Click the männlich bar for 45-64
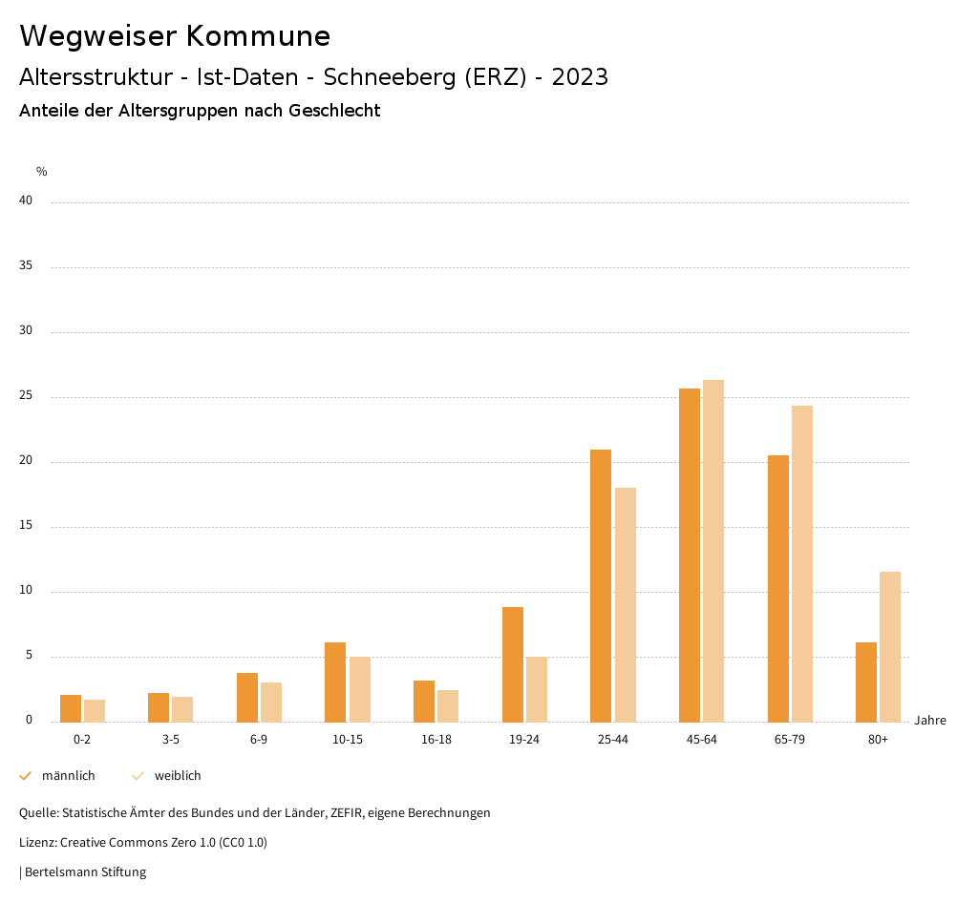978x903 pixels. [690, 555]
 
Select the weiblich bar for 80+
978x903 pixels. [890, 646]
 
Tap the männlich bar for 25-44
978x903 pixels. [601, 585]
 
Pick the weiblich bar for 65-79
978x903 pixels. [802, 563]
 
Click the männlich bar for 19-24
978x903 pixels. [513, 664]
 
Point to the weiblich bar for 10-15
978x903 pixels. [360, 689]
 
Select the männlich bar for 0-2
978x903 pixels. [71, 708]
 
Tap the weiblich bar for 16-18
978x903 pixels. [448, 705]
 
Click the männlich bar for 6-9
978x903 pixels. [247, 697]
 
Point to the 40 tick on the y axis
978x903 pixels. [26, 201]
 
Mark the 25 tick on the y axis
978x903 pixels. [26, 396]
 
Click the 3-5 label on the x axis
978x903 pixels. [171, 740]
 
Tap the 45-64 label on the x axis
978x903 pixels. [702, 740]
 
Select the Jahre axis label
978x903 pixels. [930, 721]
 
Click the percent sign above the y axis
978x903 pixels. [42, 172]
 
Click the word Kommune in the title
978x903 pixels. [258, 36]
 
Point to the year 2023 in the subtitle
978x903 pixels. [580, 77]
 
